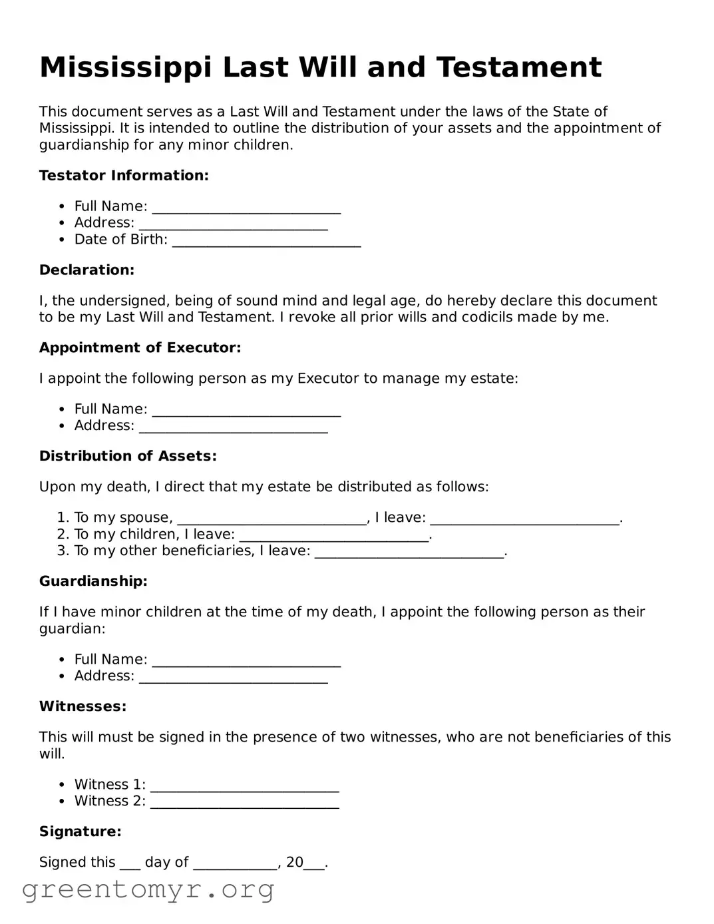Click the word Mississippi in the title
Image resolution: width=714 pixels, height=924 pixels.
(x=126, y=68)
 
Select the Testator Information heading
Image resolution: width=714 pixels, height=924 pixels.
(x=124, y=176)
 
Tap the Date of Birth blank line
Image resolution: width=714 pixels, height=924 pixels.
(x=266, y=241)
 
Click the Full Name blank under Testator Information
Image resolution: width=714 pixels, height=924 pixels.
(x=246, y=208)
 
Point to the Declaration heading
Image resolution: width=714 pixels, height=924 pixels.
(x=87, y=270)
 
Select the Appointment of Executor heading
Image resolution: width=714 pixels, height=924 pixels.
(x=140, y=348)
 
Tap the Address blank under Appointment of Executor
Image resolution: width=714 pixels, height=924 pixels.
(x=233, y=427)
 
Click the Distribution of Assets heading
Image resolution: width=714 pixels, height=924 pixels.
(x=128, y=457)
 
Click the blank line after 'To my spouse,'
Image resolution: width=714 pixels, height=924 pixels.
(x=272, y=519)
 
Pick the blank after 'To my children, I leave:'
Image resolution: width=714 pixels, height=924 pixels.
(x=334, y=536)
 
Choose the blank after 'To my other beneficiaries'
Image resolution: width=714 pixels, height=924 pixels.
(x=409, y=553)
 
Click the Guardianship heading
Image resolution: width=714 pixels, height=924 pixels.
(x=93, y=582)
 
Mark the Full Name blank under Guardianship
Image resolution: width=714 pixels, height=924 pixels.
(x=246, y=660)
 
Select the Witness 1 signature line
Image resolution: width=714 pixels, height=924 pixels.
(x=244, y=786)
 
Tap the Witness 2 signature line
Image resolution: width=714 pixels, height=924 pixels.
(x=244, y=802)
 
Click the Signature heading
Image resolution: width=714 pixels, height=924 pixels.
(x=80, y=832)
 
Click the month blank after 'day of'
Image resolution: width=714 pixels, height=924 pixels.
(x=235, y=863)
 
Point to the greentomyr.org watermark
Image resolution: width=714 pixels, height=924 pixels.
(x=148, y=890)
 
